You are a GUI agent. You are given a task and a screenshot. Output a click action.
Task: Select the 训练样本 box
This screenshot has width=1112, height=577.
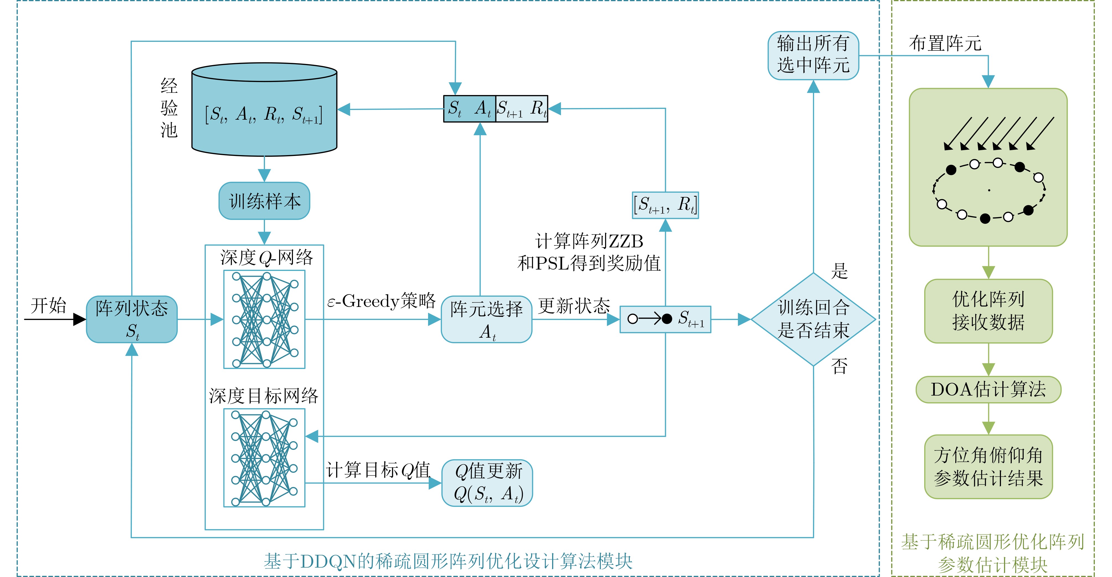click(x=264, y=201)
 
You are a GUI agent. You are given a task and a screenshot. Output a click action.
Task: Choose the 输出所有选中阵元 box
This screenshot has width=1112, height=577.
click(x=813, y=55)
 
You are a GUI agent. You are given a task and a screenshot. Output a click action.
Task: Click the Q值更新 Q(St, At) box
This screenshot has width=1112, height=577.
click(x=487, y=483)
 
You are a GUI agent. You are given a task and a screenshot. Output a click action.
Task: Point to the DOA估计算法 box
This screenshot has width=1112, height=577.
click(x=988, y=389)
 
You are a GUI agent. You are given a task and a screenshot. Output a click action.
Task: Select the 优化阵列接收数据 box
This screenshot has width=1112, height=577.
click(x=988, y=311)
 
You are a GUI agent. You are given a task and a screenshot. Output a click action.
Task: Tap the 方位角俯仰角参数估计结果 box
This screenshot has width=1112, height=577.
click(x=988, y=467)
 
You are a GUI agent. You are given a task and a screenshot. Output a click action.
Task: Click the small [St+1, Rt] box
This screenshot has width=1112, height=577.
click(x=665, y=205)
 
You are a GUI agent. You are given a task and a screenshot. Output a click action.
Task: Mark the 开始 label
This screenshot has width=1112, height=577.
click(x=48, y=306)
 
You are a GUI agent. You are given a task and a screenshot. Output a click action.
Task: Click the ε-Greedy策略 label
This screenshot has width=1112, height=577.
click(x=382, y=301)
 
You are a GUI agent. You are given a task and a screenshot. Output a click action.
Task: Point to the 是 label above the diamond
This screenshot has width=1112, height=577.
click(x=840, y=271)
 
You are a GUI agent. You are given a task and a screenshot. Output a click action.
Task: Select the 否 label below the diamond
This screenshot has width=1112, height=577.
click(x=840, y=366)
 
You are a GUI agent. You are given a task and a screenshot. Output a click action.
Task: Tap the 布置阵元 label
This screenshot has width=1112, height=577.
click(x=945, y=43)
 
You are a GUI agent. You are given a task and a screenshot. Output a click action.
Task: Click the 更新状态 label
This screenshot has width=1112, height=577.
click(x=574, y=306)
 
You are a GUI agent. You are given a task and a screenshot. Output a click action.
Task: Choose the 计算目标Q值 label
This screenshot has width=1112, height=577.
click(x=379, y=470)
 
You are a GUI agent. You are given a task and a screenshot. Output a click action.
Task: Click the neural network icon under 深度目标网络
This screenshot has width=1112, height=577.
click(x=264, y=458)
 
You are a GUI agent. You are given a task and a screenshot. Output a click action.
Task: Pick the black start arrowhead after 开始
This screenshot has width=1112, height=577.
click(x=79, y=320)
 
